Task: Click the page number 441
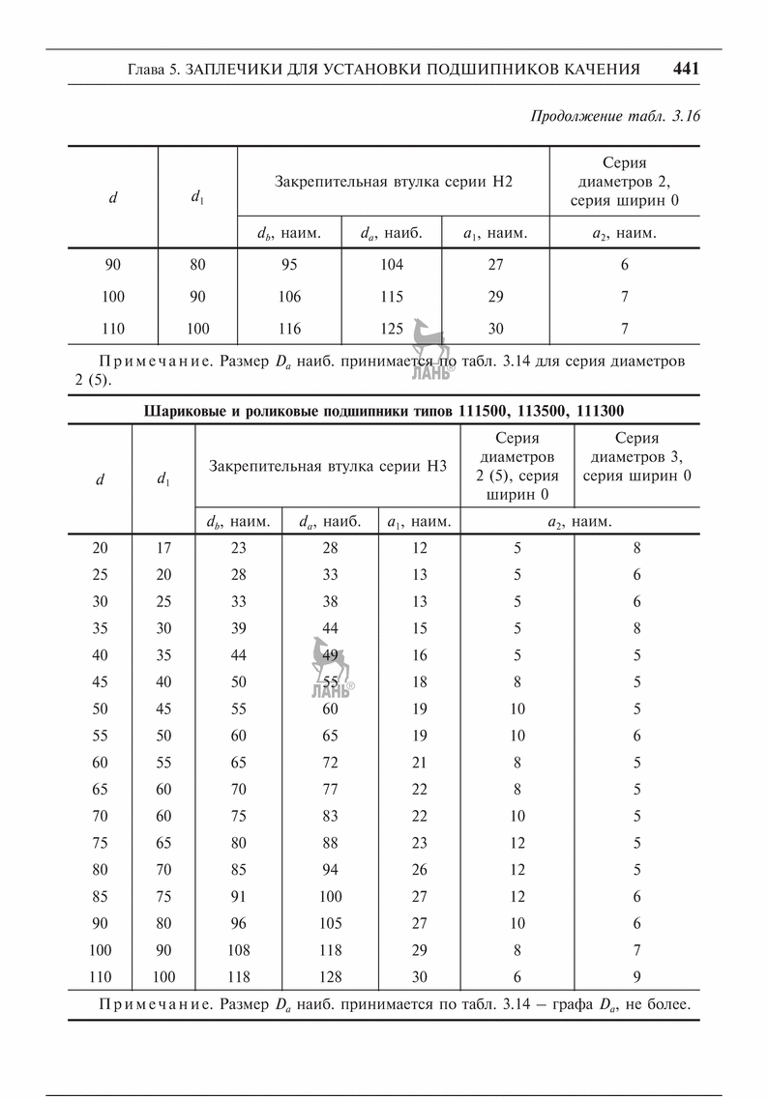[685, 70]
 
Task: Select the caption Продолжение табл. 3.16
[615, 116]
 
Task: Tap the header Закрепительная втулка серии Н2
[393, 181]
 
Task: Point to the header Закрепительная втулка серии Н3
[328, 466]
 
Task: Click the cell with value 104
[392, 264]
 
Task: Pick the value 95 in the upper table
[289, 264]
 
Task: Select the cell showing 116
[289, 329]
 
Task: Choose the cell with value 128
[330, 975]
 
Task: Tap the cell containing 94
[330, 868]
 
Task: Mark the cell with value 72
[330, 762]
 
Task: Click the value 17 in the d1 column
[163, 548]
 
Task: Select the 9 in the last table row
[636, 975]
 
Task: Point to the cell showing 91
[238, 895]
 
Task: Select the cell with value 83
[330, 815]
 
